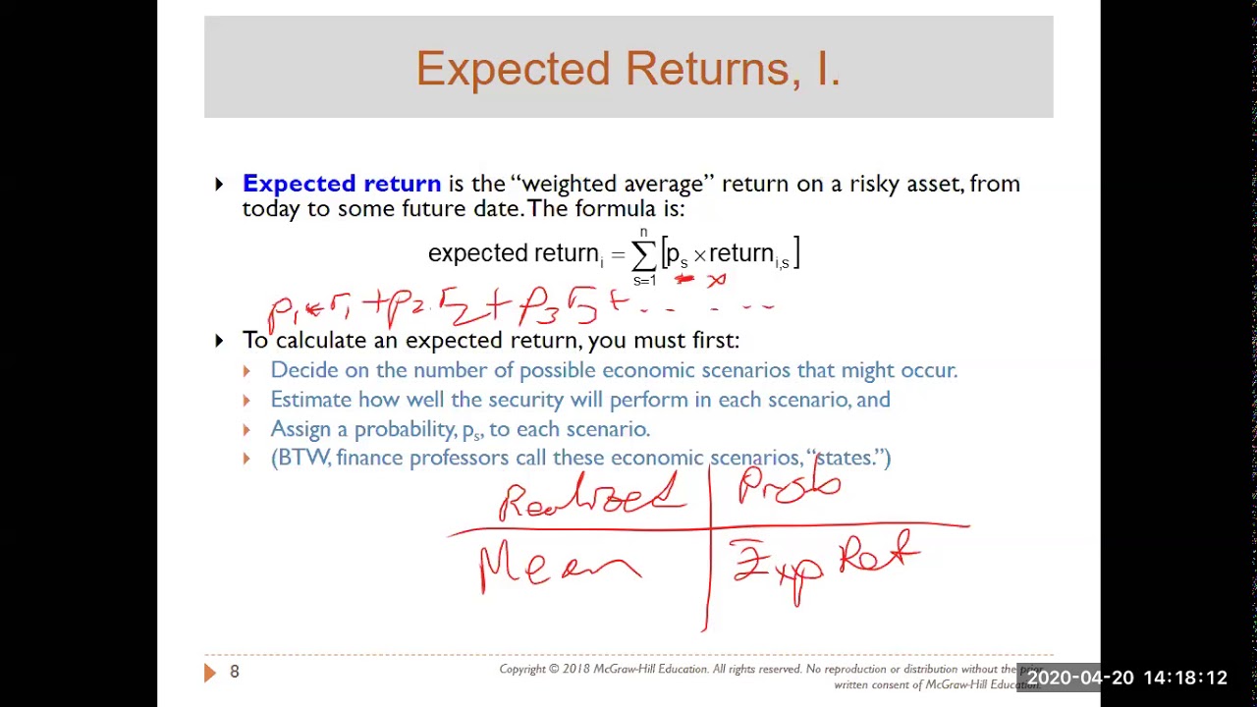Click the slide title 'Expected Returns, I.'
coord(628,69)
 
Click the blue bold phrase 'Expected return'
coord(341,184)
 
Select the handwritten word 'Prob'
coord(790,485)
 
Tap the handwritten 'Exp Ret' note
coord(825,566)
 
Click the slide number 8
coord(234,672)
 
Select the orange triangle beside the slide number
coord(209,672)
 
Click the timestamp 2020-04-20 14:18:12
coord(1126,679)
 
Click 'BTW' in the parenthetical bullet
coord(304,458)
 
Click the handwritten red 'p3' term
coord(539,308)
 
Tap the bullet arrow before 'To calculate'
coord(219,341)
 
